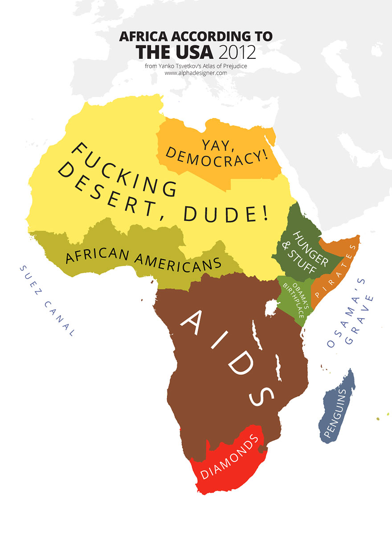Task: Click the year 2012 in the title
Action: pos(237,53)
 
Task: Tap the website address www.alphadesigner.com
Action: pos(196,73)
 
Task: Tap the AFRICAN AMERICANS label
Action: pos(143,257)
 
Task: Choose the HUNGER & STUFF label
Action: pos(307,254)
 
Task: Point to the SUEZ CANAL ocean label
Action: pos(46,300)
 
